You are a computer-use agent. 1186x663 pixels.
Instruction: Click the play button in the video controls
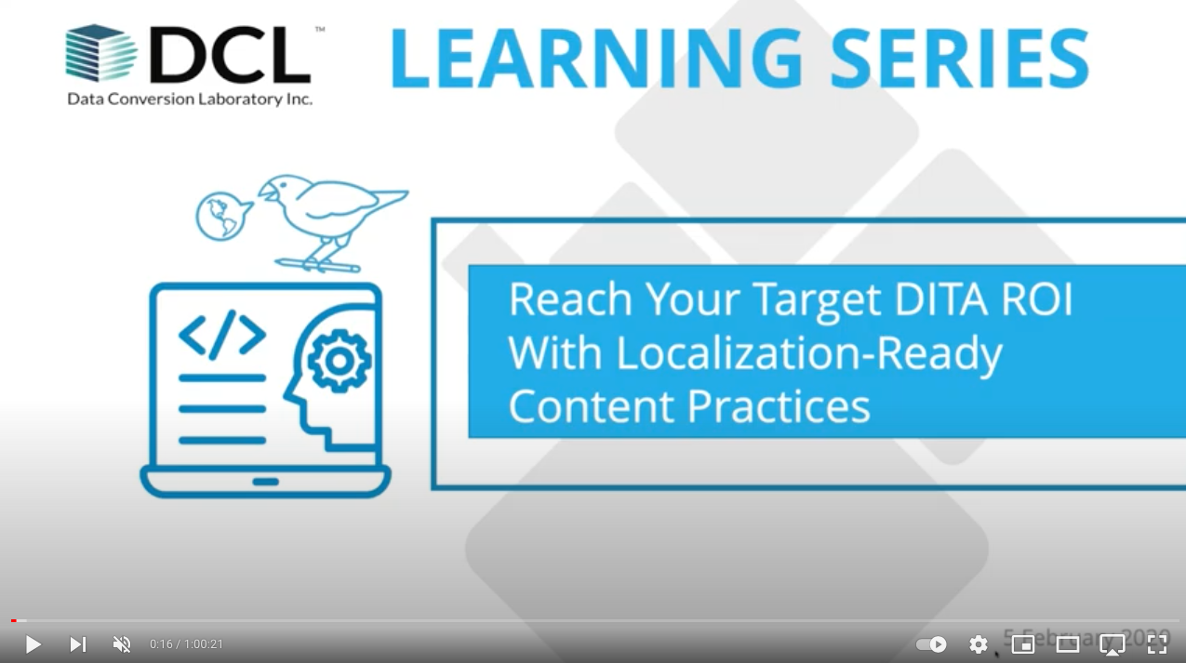pos(33,644)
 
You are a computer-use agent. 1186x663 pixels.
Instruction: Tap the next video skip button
pos(78,644)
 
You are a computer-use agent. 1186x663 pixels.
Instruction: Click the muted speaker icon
pos(122,644)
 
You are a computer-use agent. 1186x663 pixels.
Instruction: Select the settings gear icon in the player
pos(979,644)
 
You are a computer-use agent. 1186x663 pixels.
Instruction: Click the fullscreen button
pos(1157,644)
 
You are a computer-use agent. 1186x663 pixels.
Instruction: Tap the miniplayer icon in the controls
pos(1023,644)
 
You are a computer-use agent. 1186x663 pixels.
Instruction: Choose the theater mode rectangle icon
pos(1068,644)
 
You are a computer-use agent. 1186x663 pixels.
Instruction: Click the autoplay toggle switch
pos(931,644)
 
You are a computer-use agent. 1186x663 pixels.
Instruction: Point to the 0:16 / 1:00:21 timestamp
pos(186,644)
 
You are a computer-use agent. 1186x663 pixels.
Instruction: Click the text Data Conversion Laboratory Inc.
pos(190,99)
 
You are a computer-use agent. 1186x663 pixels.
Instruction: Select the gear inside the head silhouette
pos(339,360)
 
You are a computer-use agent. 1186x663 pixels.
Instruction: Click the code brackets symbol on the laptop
pos(222,336)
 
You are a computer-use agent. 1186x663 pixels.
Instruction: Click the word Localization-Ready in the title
pos(809,353)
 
